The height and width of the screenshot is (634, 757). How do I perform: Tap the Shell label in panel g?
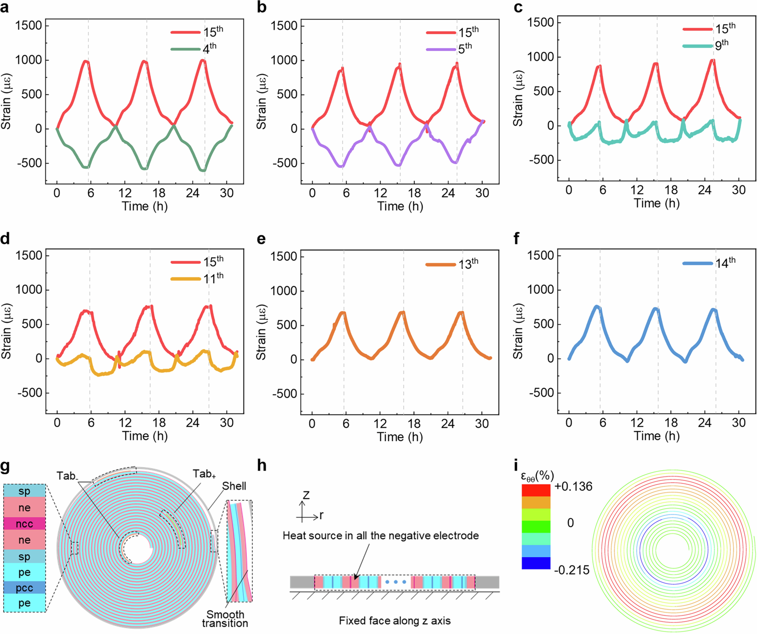[x=234, y=486]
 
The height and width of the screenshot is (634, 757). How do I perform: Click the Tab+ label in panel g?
[x=204, y=474]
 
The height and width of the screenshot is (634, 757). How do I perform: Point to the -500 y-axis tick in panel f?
[x=541, y=393]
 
